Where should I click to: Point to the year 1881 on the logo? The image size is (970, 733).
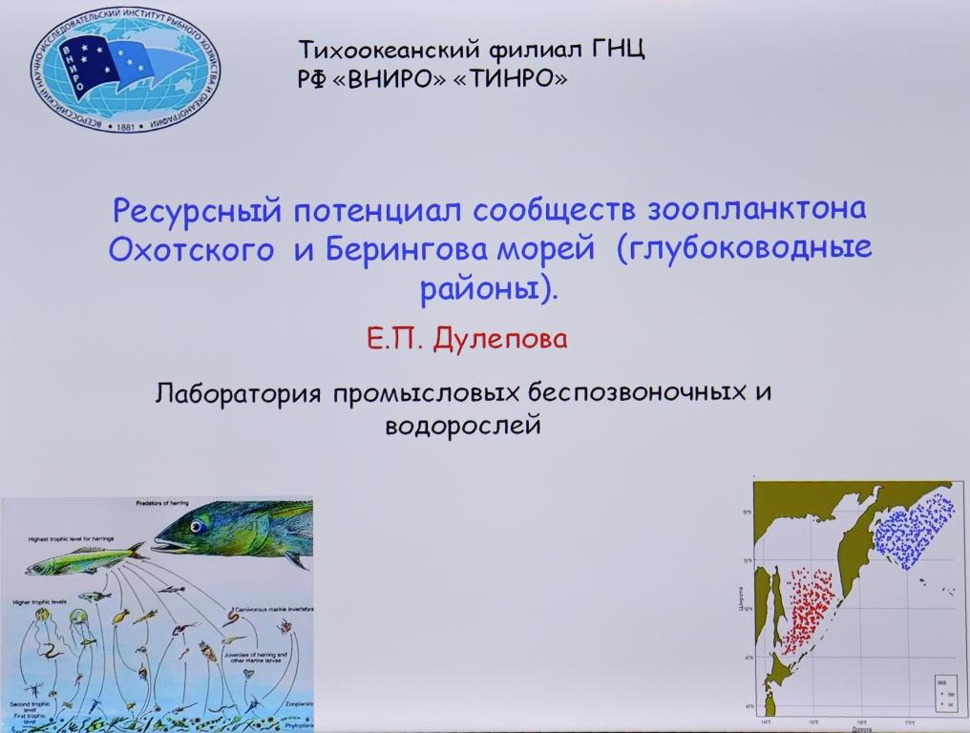coord(124,125)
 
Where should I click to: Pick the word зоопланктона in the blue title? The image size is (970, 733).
coord(758,209)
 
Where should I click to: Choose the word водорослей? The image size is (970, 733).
coord(463,425)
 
